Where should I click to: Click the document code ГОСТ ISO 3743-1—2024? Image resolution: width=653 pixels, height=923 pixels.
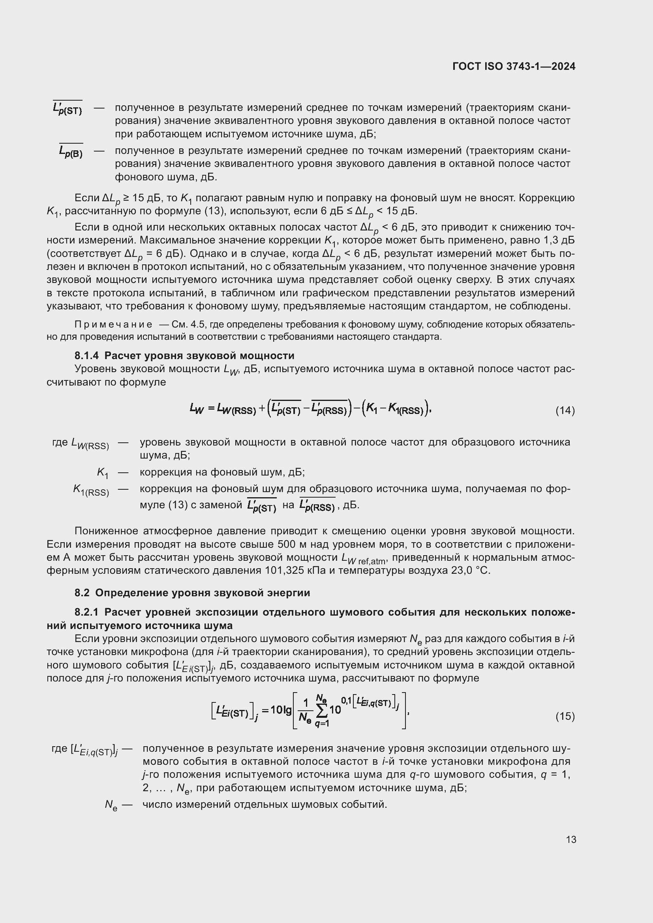(514, 66)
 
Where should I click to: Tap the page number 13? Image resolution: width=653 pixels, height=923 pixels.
(570, 839)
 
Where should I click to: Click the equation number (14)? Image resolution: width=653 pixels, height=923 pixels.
(565, 410)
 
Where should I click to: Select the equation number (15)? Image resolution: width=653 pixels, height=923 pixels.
(565, 716)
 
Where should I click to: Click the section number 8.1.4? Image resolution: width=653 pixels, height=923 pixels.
(86, 356)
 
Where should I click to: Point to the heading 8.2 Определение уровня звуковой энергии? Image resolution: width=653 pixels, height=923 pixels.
(192, 593)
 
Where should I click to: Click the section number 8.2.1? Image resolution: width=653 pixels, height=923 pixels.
(86, 612)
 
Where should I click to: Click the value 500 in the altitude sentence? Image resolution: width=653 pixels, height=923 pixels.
(287, 544)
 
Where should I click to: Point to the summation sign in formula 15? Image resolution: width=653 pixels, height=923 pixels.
(321, 711)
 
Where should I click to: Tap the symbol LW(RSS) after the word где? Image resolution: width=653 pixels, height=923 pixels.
(90, 444)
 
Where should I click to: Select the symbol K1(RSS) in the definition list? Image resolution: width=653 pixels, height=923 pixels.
(91, 491)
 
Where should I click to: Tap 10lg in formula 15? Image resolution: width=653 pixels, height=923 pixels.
(281, 710)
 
